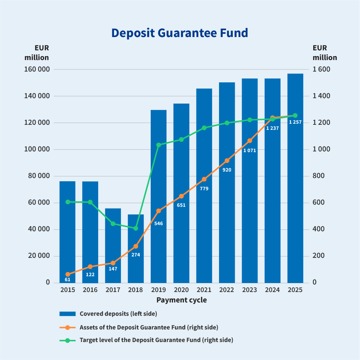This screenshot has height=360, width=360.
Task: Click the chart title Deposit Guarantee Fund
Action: pos(179,33)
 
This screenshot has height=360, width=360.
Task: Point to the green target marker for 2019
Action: pos(159,145)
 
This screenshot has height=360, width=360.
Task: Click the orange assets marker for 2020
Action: pos(181,196)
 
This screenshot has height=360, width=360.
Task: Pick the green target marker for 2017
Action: pos(113,224)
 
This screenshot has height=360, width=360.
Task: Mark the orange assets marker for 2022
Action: pos(227,161)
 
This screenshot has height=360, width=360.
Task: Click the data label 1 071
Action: pos(250,150)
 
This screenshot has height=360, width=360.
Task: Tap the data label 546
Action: pos(159,223)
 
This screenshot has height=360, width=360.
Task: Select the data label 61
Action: pos(68,279)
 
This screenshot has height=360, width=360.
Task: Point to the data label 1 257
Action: pos(295,122)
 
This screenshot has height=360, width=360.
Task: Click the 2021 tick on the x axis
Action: pos(204,290)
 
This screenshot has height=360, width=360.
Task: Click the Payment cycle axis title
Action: pos(182,300)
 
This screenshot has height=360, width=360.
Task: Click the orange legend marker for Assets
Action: pos(67,327)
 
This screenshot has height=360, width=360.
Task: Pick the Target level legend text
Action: pos(156,340)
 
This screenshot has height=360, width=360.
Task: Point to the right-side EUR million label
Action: pos(325,53)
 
